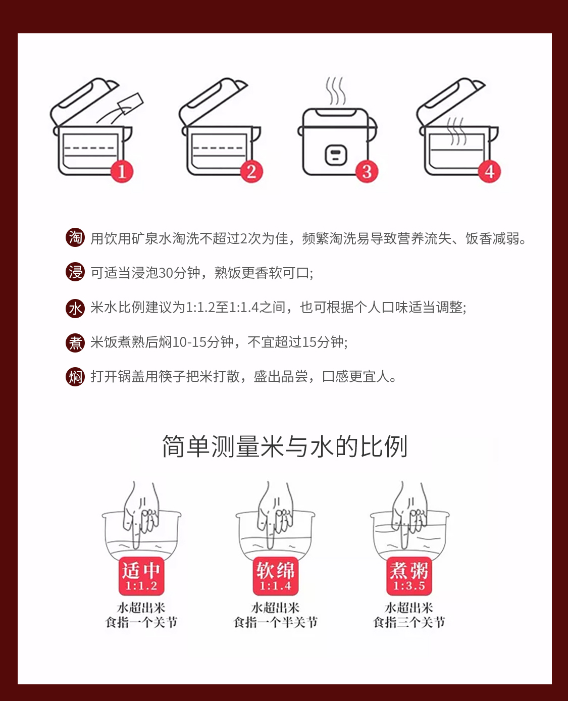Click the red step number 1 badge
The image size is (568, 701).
122,172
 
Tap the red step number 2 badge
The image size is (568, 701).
251,172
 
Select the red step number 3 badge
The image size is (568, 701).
367,172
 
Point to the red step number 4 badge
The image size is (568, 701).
489,172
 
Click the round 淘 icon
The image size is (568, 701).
75,237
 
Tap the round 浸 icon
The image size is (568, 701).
75,272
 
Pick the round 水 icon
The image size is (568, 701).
75,309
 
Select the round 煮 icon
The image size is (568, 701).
75,342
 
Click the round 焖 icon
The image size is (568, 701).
75,377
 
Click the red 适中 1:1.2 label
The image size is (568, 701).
141,576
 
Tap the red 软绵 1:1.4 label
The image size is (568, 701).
276,576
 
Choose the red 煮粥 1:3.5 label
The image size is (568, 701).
409,576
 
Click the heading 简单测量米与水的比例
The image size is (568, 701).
285,446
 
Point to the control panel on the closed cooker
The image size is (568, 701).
336,155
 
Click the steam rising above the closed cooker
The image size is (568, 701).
335,91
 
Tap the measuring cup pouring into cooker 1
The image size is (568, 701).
131,104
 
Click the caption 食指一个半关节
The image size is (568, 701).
276,623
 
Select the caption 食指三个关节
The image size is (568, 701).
409,623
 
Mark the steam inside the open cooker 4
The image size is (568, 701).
456,131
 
